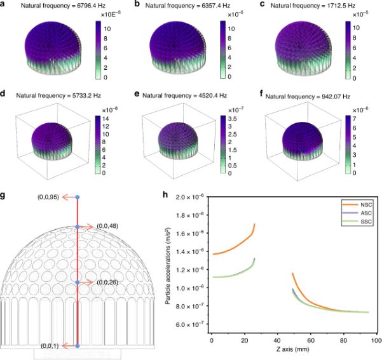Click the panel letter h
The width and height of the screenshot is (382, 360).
165,195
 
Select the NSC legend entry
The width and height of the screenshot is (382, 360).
357,204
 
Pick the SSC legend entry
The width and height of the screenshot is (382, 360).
357,222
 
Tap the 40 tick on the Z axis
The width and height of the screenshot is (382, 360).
277,340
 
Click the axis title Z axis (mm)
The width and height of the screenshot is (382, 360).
292,349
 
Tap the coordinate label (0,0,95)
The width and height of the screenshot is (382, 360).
48,197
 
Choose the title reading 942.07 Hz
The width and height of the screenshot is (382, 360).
336,97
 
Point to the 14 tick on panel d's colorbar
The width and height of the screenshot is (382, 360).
106,119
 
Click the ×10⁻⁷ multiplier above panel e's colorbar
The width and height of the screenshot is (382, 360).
235,110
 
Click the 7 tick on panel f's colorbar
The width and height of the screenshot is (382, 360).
354,119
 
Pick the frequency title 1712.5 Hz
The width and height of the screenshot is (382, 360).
341,5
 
